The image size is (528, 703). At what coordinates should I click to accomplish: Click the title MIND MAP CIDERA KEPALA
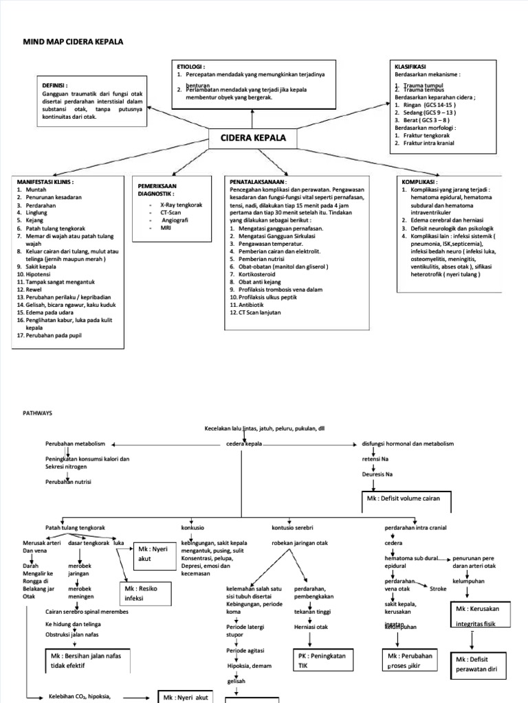[x=74, y=42]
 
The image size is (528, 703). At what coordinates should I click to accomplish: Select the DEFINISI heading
[x=56, y=85]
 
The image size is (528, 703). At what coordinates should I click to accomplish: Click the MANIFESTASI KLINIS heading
[x=45, y=182]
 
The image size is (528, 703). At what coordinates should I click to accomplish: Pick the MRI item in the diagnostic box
[x=166, y=228]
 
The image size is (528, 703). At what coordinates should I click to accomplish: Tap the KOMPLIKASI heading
[x=419, y=182]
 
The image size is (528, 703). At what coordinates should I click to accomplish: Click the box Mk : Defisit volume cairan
[x=404, y=498]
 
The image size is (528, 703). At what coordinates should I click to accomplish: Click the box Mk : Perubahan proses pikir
[x=410, y=660]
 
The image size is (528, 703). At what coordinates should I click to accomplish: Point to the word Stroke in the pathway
[x=438, y=588]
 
